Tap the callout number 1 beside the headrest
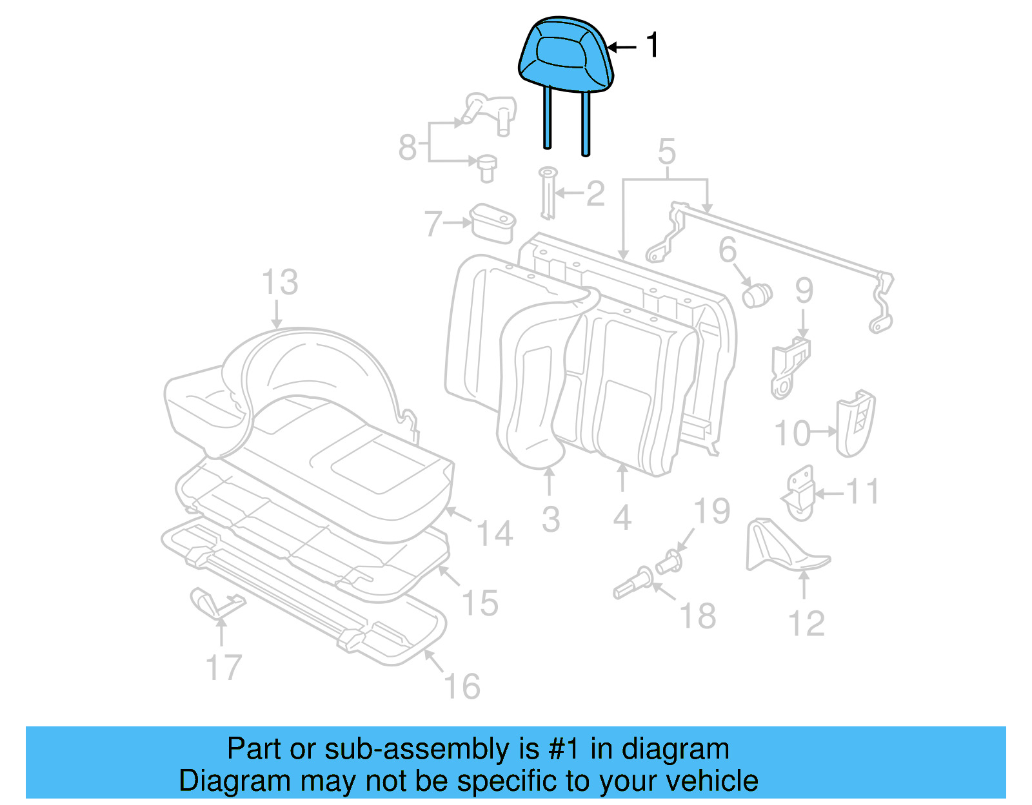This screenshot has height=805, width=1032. tap(652, 46)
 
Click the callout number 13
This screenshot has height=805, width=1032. tap(280, 283)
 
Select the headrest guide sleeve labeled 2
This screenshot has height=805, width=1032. tap(548, 193)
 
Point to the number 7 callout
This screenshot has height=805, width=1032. tap(433, 224)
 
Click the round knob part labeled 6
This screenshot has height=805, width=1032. tap(757, 296)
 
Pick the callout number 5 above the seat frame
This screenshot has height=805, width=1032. tap(666, 152)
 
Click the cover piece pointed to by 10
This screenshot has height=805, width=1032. tap(855, 423)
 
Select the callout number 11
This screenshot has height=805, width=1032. tap(862, 492)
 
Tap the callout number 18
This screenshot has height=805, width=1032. tap(698, 616)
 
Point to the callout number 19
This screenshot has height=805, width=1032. tap(711, 511)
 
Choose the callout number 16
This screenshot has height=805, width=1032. tap(462, 686)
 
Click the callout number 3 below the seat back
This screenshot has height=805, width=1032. tap(550, 519)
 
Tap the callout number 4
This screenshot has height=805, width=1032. tap(622, 518)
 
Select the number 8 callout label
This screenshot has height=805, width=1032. tap(408, 147)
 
